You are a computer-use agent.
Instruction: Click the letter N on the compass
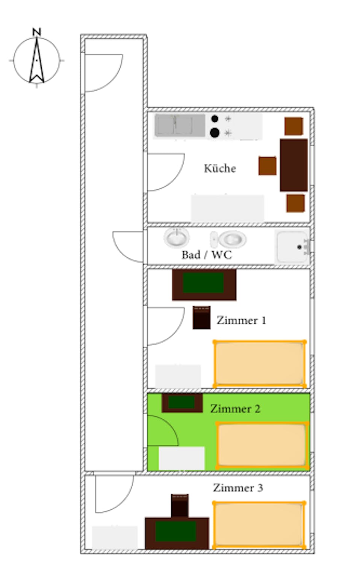(x=36, y=32)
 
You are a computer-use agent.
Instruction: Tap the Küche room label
(x=220, y=168)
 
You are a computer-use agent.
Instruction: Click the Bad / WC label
(x=207, y=255)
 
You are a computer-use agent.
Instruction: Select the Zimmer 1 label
(x=241, y=320)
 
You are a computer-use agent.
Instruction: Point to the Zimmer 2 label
(x=235, y=409)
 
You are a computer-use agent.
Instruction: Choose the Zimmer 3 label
(x=238, y=488)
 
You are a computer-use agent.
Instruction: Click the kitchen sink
(x=180, y=125)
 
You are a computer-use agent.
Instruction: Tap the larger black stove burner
(x=215, y=133)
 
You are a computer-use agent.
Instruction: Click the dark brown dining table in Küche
(x=294, y=165)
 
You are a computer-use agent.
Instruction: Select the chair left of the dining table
(x=268, y=166)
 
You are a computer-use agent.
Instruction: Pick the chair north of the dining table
(x=294, y=126)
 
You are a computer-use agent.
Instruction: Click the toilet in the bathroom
(x=228, y=239)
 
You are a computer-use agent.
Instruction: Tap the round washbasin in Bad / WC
(x=177, y=237)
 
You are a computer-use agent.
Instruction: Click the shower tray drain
(x=299, y=247)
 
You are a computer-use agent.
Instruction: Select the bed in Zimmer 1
(x=260, y=364)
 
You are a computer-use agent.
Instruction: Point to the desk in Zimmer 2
(x=182, y=403)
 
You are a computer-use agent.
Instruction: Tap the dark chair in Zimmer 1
(x=201, y=317)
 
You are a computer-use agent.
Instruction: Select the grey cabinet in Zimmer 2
(x=182, y=458)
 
